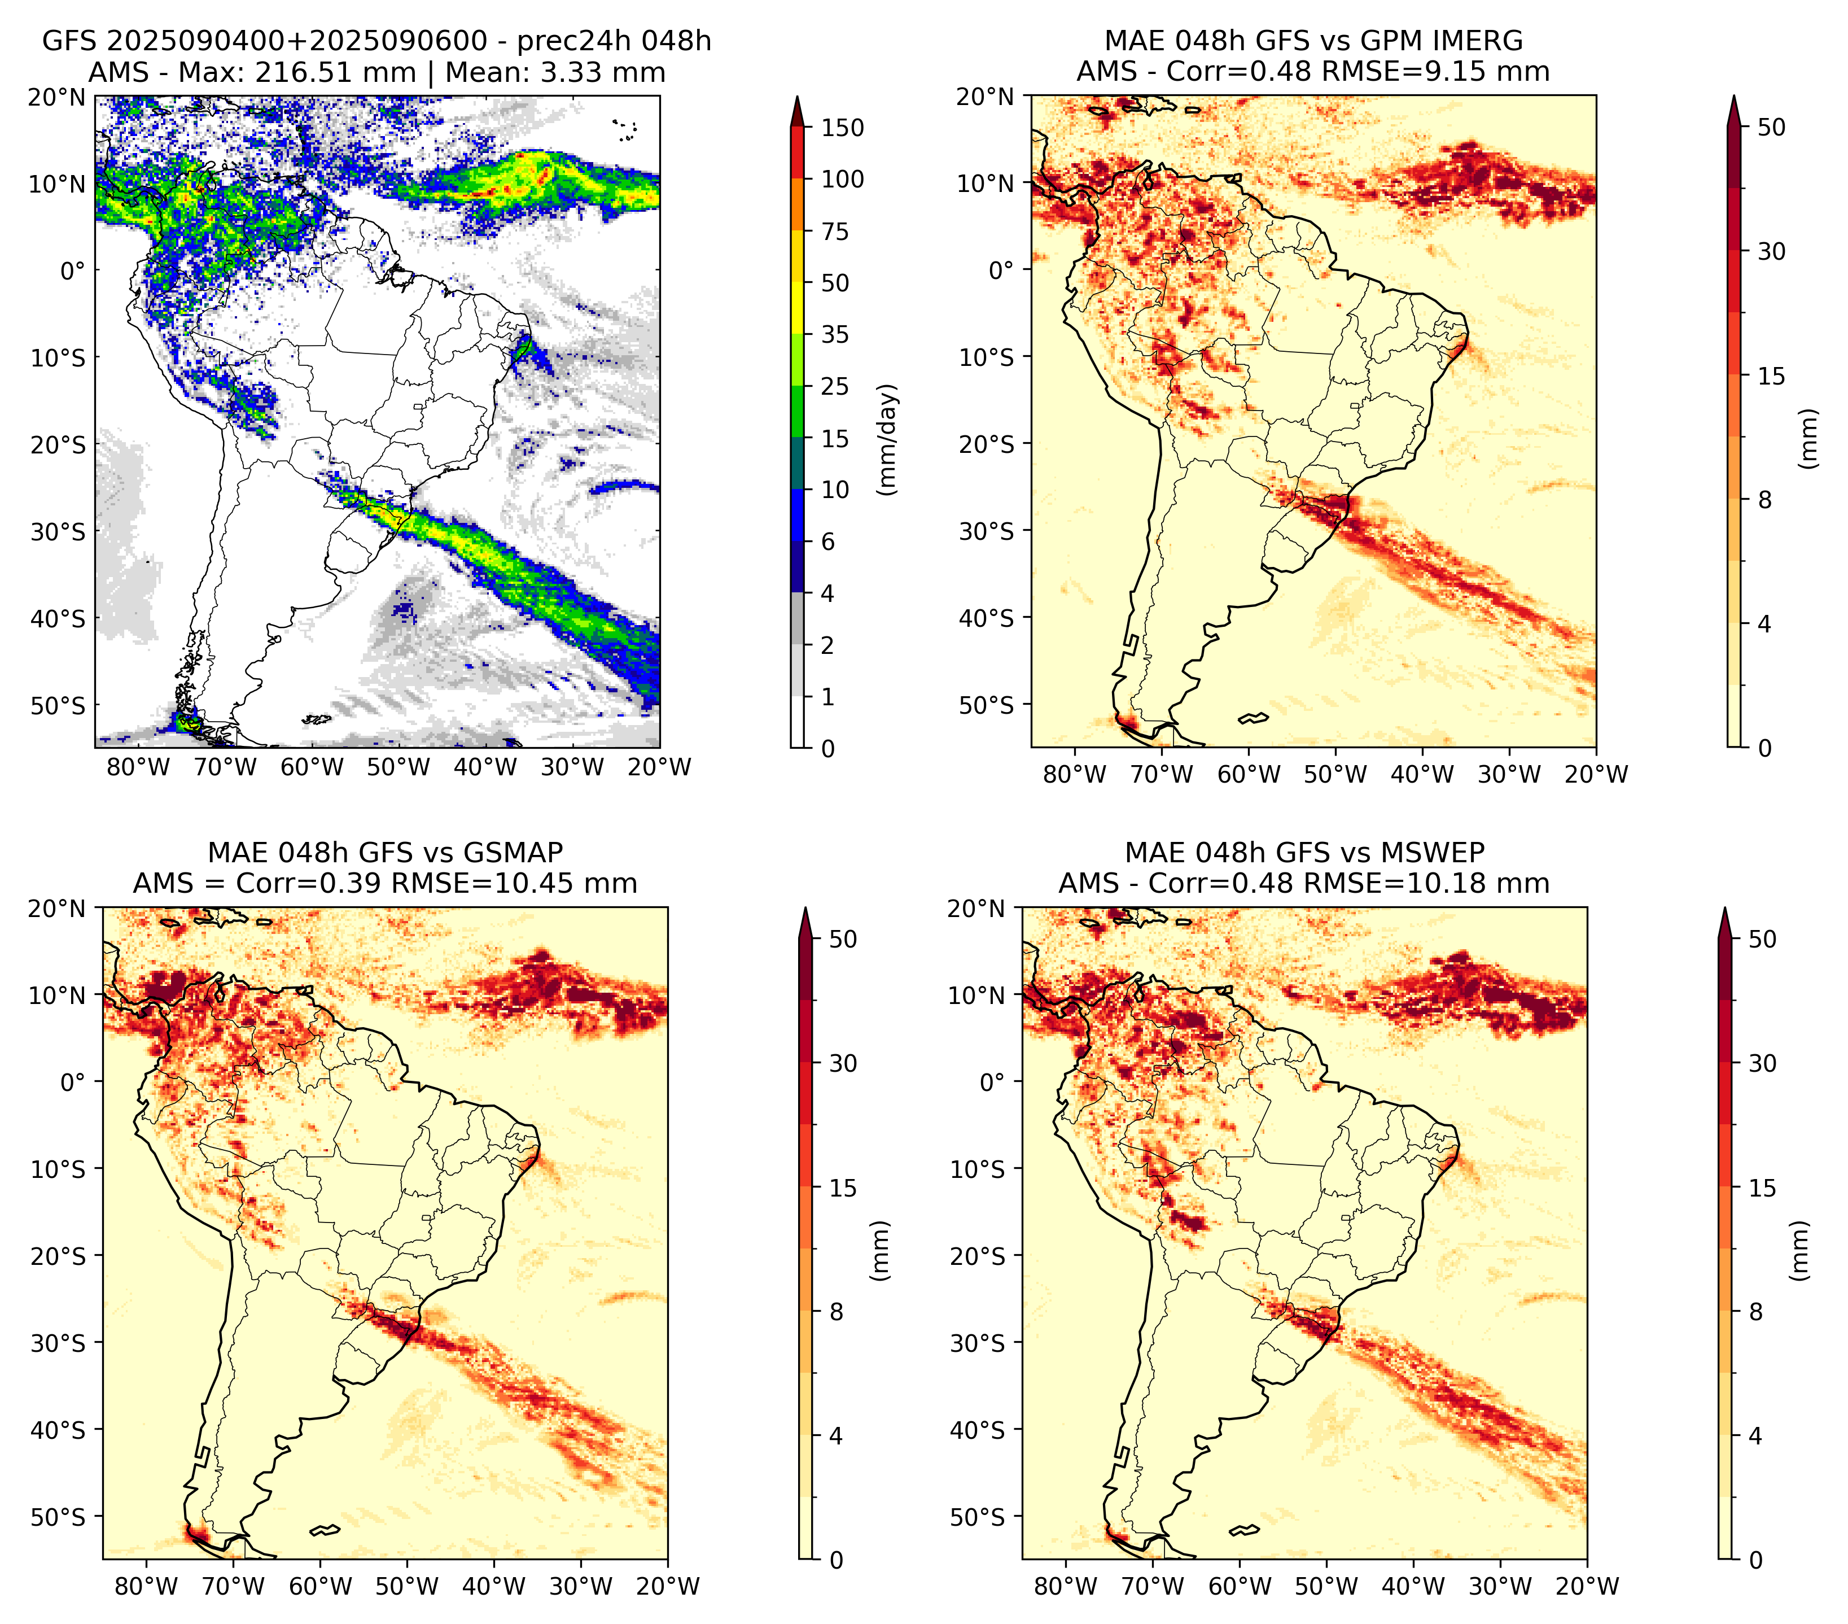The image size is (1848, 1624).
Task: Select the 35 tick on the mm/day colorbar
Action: pyautogui.click(x=835, y=334)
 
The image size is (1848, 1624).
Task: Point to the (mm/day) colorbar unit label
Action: pyautogui.click(x=889, y=439)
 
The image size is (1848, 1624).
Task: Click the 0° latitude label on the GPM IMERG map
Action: pyautogui.click(x=1001, y=269)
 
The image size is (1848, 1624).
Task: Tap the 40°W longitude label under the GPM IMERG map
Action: pyautogui.click(x=1422, y=774)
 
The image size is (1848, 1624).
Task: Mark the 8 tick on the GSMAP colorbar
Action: pyautogui.click(x=837, y=1312)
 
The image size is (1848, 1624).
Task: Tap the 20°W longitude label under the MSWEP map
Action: pyautogui.click(x=1587, y=1586)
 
